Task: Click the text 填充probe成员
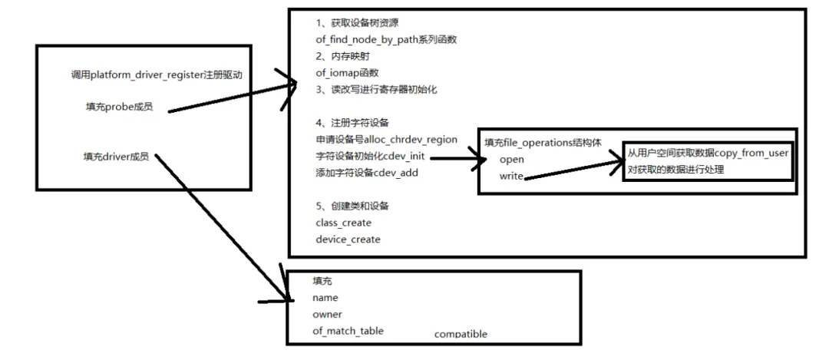click(x=119, y=107)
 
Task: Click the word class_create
click(x=343, y=223)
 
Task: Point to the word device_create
click(x=348, y=239)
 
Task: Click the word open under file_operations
click(x=511, y=160)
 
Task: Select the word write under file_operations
click(x=511, y=177)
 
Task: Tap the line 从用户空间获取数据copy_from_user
click(x=708, y=154)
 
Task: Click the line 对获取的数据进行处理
click(x=675, y=170)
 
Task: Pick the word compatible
click(x=461, y=335)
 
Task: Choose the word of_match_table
click(x=348, y=331)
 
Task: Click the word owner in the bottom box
click(x=327, y=314)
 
